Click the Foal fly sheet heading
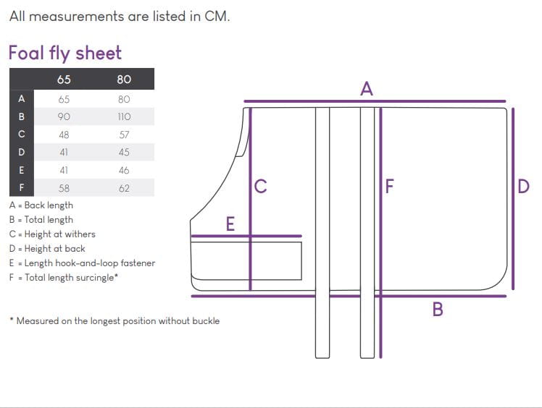tap(65, 54)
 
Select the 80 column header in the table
tap(124, 80)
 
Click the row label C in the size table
tap(22, 134)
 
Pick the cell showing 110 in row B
tap(124, 116)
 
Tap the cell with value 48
tap(64, 135)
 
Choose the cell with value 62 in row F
tap(124, 188)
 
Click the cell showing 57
tap(124, 135)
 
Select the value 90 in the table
tap(64, 116)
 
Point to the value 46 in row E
tap(124, 170)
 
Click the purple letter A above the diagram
tap(367, 89)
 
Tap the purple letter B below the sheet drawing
tap(438, 309)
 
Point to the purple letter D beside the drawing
tap(523, 187)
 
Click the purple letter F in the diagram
tap(390, 187)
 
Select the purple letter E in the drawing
tap(230, 224)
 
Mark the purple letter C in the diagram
tap(260, 187)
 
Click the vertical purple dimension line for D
tap(513, 199)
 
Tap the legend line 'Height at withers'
tap(52, 234)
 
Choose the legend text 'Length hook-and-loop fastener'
tap(83, 263)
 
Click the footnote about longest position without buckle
tap(114, 321)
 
